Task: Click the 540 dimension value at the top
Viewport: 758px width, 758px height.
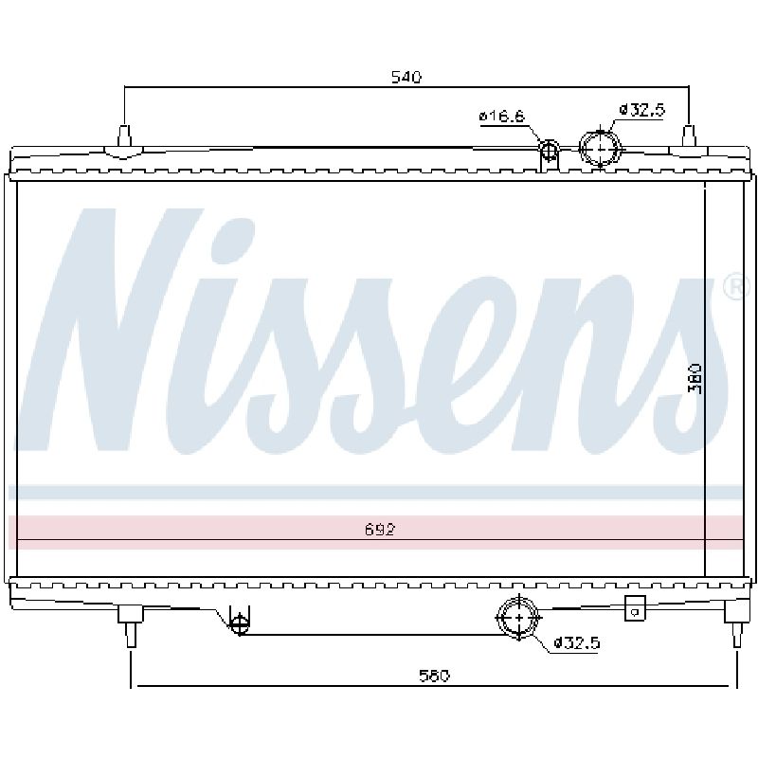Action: pyautogui.click(x=406, y=77)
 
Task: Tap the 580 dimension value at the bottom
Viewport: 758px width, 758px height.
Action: pyautogui.click(x=434, y=676)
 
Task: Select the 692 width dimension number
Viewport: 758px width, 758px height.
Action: pyautogui.click(x=380, y=530)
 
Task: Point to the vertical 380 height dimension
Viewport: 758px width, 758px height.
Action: pyautogui.click(x=695, y=378)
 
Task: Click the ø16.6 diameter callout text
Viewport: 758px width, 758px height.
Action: pyautogui.click(x=502, y=117)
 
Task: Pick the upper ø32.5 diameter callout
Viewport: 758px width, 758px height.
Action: pyautogui.click(x=642, y=110)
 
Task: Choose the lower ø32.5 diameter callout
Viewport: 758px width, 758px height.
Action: pyautogui.click(x=576, y=643)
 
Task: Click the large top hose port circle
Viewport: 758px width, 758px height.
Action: pyautogui.click(x=601, y=131)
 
